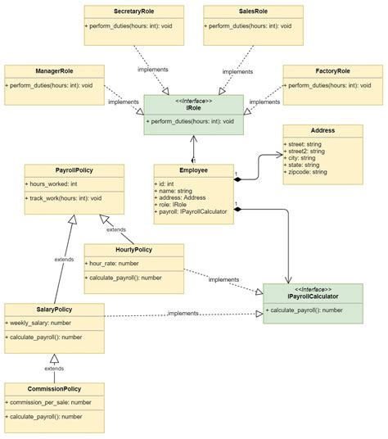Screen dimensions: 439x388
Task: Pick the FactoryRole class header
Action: click(x=332, y=72)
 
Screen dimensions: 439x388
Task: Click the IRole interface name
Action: click(x=193, y=107)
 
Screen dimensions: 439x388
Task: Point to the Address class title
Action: click(x=323, y=130)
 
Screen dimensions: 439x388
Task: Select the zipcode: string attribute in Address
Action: click(x=308, y=172)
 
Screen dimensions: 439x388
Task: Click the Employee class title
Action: click(x=193, y=171)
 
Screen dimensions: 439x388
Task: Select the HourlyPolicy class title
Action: click(x=133, y=250)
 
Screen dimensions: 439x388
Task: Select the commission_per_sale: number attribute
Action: click(x=50, y=403)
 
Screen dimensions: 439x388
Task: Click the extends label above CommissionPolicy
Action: click(x=54, y=369)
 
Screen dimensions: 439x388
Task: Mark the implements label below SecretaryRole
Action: click(x=154, y=70)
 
